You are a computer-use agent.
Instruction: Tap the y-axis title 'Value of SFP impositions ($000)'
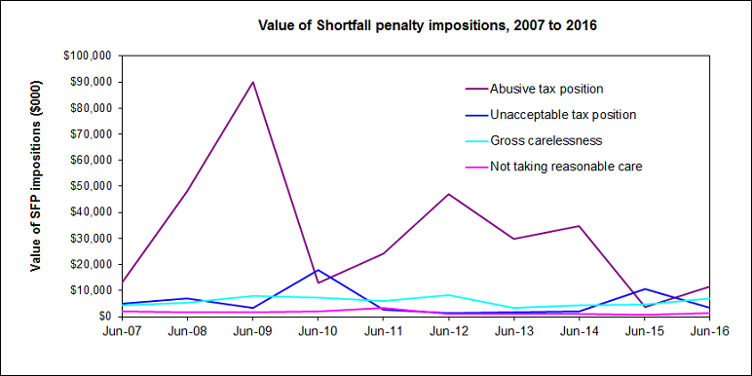pos(36,186)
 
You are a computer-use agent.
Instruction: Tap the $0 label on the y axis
pos(102,317)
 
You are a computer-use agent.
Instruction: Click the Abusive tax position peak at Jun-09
pos(253,81)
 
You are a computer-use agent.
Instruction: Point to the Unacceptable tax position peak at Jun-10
pos(319,270)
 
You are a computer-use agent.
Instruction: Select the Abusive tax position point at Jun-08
pos(187,191)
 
